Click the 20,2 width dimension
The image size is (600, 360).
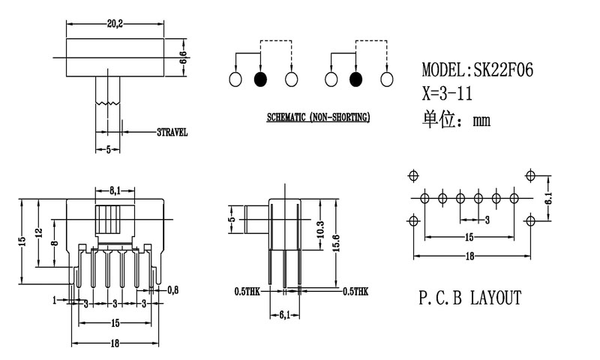115,24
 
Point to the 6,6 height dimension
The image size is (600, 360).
182,56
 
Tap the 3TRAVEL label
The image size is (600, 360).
172,132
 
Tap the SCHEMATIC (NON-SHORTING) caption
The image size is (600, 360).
318,118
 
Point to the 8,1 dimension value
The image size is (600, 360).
116,190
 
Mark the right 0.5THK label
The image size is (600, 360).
355,290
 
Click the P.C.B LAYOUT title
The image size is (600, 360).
469,298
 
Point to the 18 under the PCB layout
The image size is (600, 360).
469,256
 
